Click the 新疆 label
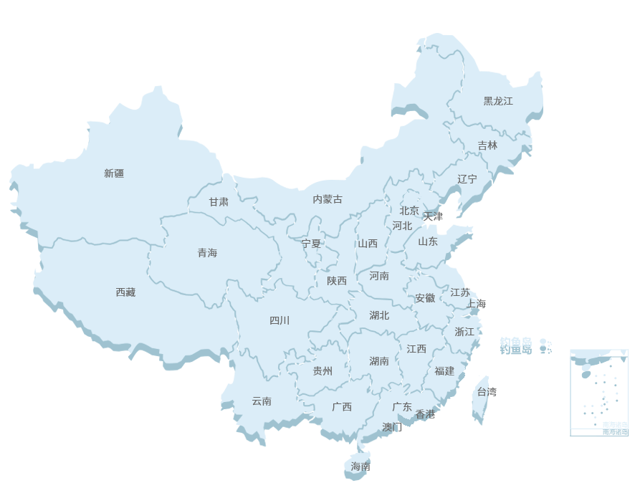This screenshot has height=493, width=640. (x=114, y=173)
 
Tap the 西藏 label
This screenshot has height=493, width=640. (x=125, y=292)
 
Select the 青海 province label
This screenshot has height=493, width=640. (x=207, y=253)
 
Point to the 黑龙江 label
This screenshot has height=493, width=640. (x=498, y=101)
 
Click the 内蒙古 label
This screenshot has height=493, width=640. (x=328, y=199)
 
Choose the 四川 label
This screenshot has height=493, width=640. (x=280, y=320)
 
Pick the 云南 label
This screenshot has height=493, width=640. (x=262, y=401)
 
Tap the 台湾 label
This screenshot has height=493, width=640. (x=487, y=392)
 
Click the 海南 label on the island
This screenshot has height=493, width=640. (x=360, y=466)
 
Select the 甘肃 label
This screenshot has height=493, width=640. (x=219, y=202)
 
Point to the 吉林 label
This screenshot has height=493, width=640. (x=487, y=145)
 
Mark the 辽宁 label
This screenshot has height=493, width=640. (x=467, y=179)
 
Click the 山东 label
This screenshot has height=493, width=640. (x=428, y=241)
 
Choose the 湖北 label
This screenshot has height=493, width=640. (x=379, y=315)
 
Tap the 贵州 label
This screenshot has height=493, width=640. (x=323, y=371)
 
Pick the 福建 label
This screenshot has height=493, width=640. (x=444, y=371)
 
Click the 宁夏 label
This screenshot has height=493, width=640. (x=312, y=244)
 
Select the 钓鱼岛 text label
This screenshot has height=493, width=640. (x=516, y=341)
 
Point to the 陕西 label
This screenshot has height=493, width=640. (x=337, y=281)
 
